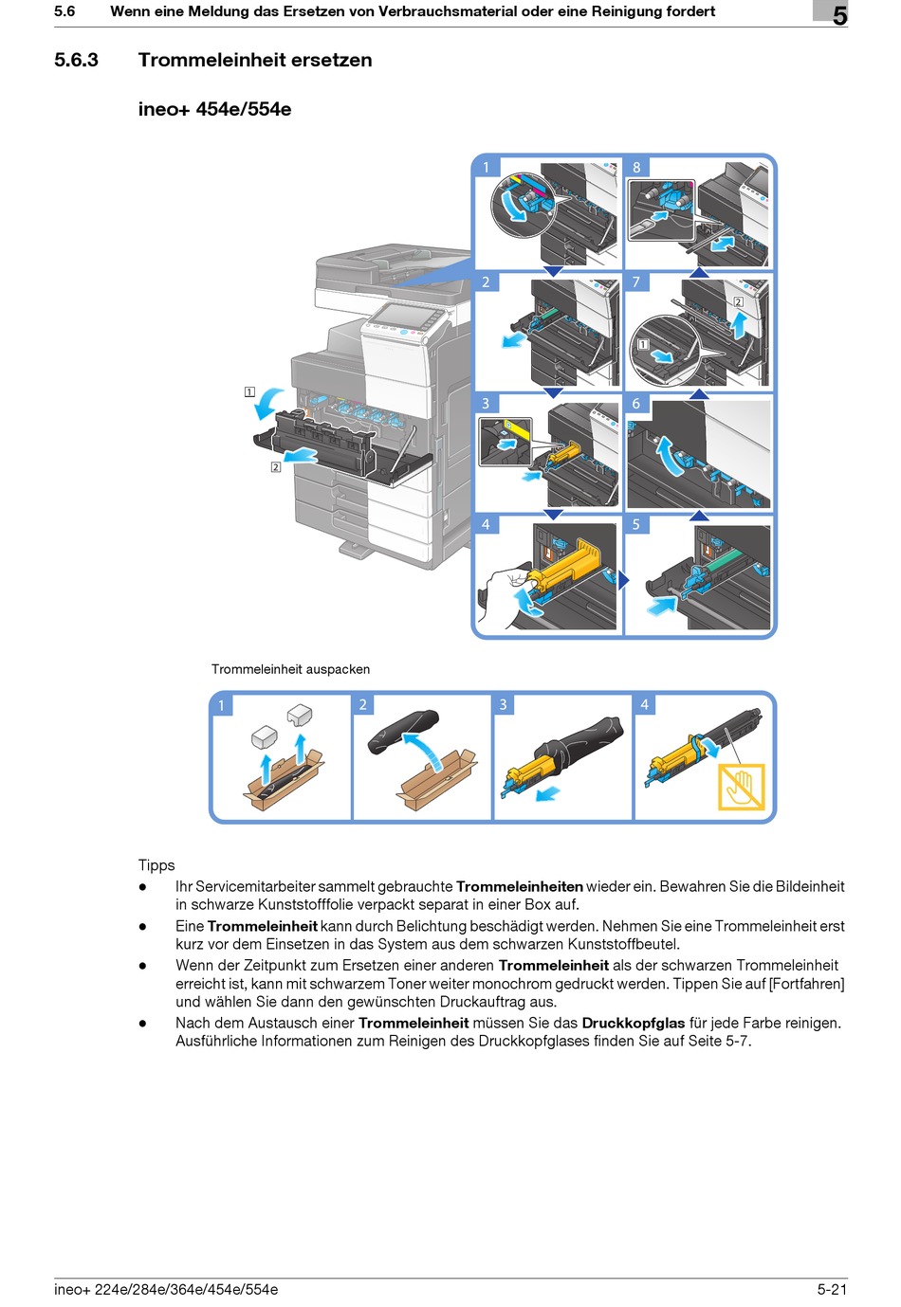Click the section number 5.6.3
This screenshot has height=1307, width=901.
(76, 60)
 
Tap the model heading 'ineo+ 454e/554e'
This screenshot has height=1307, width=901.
(214, 109)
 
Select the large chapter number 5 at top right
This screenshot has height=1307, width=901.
(839, 15)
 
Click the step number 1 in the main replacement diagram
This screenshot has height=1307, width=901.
(486, 167)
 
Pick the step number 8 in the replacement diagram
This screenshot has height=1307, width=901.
(636, 167)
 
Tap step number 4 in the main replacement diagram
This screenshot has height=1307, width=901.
(486, 524)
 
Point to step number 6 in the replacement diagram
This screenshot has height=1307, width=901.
(636, 404)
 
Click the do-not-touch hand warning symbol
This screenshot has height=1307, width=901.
(741, 787)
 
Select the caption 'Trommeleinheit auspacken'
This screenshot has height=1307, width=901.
(290, 669)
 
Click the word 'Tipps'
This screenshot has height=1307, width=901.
(156, 864)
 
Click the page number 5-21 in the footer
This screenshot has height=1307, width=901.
(832, 1289)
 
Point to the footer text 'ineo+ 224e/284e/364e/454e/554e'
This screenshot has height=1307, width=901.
(166, 1289)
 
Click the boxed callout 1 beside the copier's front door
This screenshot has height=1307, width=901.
(249, 391)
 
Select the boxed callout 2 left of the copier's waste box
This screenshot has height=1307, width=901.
(276, 466)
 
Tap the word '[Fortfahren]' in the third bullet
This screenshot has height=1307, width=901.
(806, 984)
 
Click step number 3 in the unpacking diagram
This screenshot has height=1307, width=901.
(504, 704)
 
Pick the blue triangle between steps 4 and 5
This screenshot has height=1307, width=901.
(623, 580)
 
